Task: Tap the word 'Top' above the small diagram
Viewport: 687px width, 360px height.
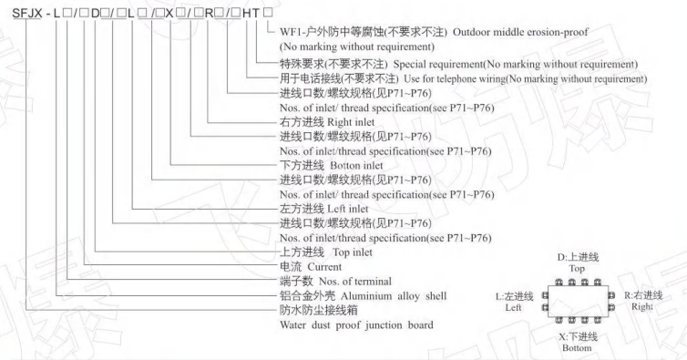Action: [x=577, y=270]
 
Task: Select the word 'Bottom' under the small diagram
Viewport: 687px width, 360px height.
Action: [x=577, y=347]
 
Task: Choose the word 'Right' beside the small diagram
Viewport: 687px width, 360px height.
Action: [x=641, y=307]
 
